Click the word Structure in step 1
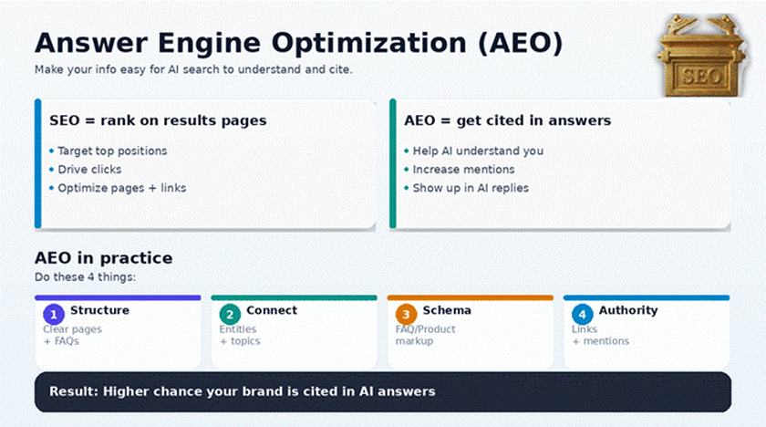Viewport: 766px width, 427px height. pyautogui.click(x=99, y=310)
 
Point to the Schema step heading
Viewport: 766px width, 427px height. pyautogui.click(x=447, y=310)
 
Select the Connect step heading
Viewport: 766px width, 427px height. pyautogui.click(x=272, y=310)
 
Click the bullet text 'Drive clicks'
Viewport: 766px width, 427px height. pyautogui.click(x=89, y=170)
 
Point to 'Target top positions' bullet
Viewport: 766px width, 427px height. pyautogui.click(x=112, y=151)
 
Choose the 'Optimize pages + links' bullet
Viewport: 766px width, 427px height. pyautogui.click(x=122, y=188)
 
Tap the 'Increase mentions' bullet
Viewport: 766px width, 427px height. pyautogui.click(x=463, y=170)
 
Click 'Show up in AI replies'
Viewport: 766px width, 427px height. pyautogui.click(x=471, y=188)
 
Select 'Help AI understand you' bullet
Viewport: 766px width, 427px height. pyautogui.click(x=478, y=151)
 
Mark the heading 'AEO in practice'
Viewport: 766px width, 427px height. pyautogui.click(x=103, y=258)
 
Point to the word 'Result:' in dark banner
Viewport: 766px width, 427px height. pyautogui.click(x=73, y=391)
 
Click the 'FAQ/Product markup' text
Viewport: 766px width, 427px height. pyautogui.click(x=425, y=335)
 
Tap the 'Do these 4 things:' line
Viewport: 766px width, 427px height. pyautogui.click(x=91, y=276)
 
